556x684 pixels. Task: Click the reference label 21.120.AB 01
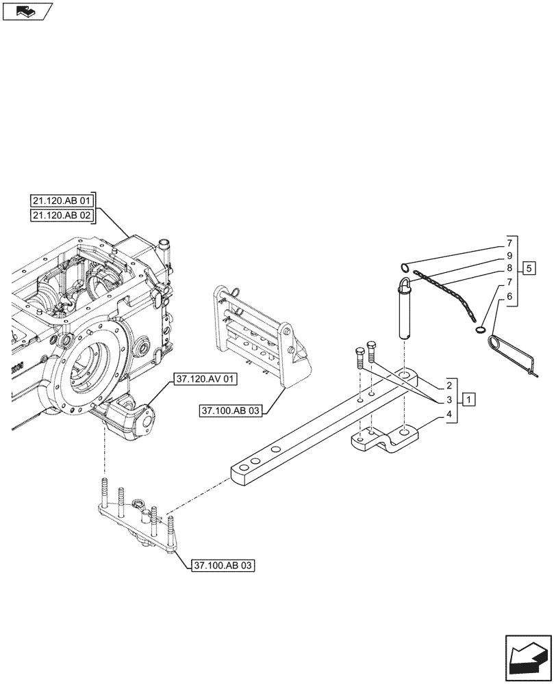62,200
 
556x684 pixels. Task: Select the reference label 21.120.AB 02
62,216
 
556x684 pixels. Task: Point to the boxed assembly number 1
468,398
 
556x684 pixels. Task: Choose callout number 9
509,256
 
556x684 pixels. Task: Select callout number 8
509,268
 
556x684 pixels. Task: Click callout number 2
450,384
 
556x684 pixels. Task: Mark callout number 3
450,399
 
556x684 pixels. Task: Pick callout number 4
450,415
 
